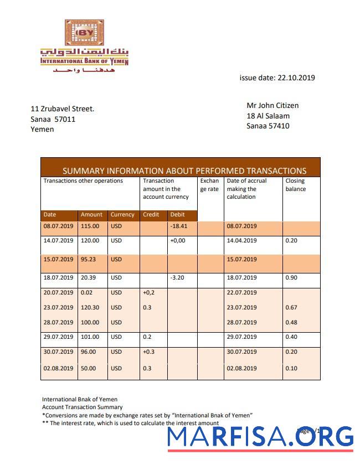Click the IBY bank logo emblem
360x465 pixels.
84,33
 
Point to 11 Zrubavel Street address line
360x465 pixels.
62,108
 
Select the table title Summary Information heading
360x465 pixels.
184,170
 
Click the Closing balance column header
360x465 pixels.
296,185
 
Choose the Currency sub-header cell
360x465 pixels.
122,215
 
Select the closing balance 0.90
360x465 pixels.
291,277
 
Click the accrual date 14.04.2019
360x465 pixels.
242,240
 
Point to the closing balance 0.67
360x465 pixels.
291,307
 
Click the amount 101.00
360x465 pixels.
90,337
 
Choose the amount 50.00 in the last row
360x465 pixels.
89,368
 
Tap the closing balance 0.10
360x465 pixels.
291,368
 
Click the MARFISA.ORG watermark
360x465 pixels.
260,437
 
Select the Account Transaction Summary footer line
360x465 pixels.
75,407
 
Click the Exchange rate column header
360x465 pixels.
210,185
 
